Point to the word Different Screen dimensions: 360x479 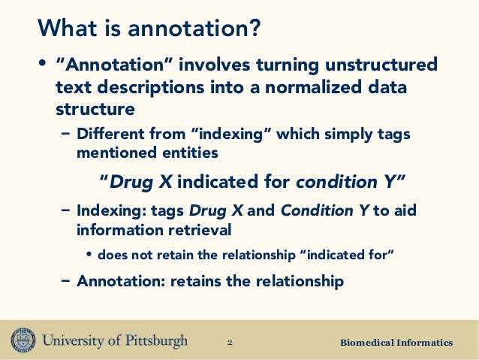point(110,133)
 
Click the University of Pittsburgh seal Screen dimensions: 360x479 point(23,340)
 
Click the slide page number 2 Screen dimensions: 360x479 point(230,343)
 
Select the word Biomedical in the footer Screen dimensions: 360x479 point(367,343)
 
